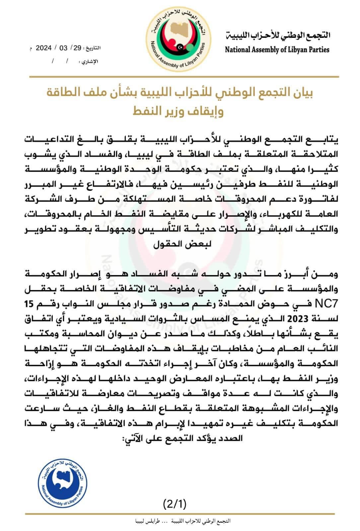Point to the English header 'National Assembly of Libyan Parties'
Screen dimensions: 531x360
click(x=277, y=50)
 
